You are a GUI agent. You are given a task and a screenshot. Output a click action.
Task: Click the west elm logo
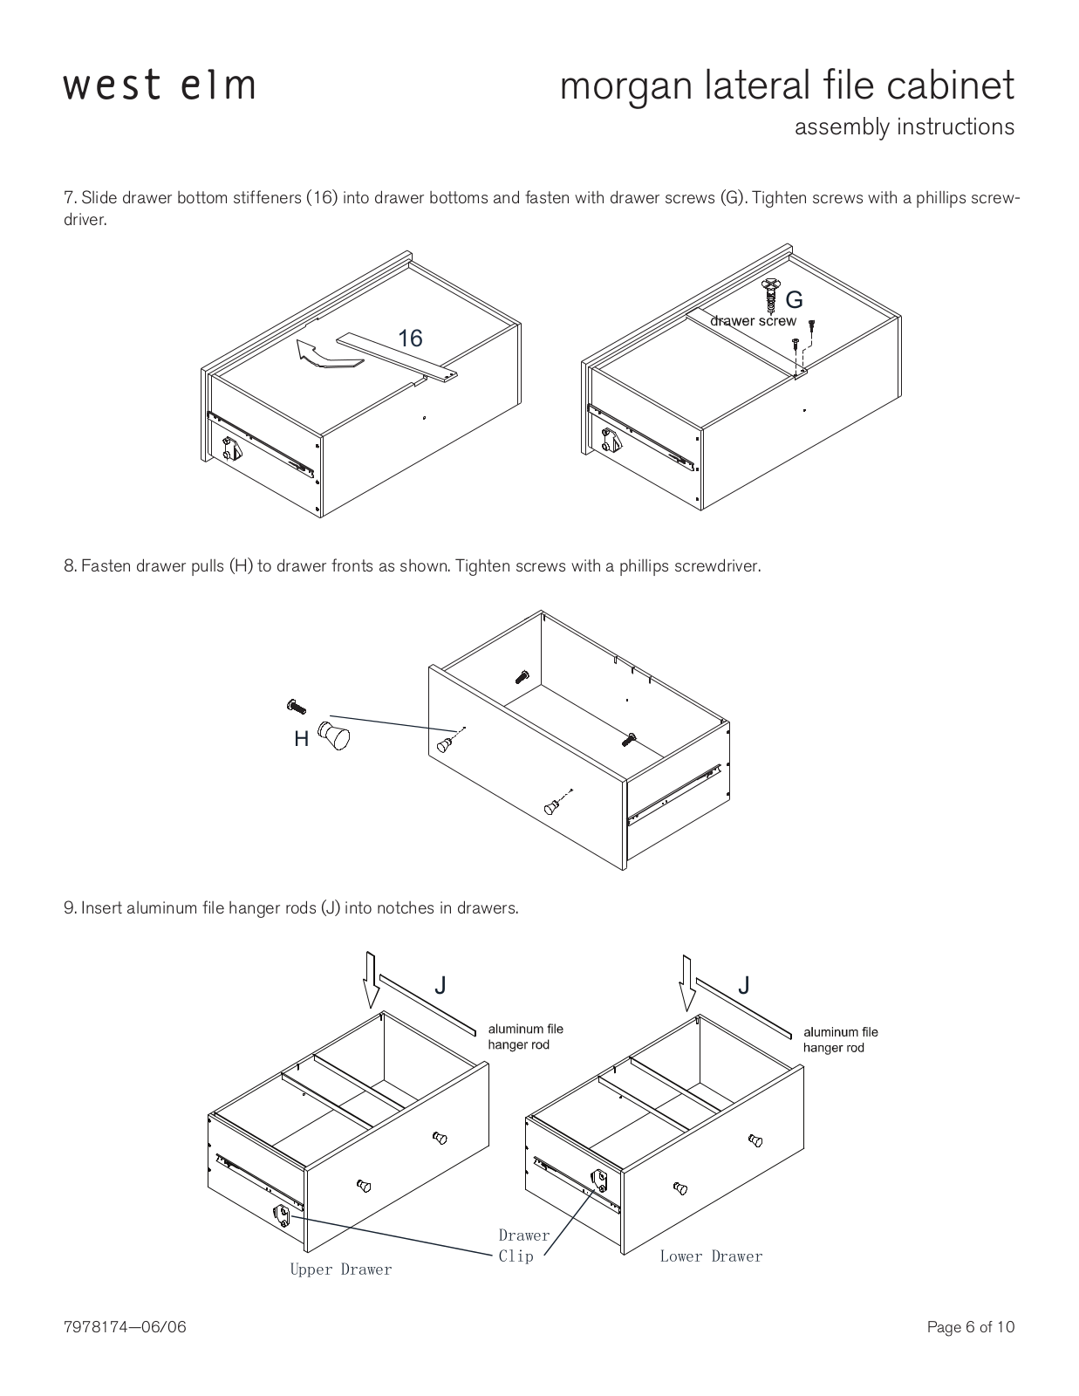159,86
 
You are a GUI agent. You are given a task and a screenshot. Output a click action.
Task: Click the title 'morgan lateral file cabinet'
787,86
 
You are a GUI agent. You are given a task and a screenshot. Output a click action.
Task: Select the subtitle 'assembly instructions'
904,127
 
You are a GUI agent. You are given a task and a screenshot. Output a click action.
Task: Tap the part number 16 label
410,338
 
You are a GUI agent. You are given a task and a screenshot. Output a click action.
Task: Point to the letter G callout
794,300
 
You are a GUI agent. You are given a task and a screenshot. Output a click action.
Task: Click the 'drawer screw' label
753,321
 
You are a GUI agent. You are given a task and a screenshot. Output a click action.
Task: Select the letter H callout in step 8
302,739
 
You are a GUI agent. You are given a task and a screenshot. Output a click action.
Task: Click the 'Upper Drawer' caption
341,1269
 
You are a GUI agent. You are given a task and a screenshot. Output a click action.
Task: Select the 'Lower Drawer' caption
711,1256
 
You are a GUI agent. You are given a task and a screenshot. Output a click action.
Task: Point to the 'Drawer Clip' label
523,1246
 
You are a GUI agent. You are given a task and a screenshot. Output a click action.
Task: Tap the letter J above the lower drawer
743,986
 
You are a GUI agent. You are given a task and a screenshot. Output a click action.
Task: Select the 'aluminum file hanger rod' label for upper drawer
525,1037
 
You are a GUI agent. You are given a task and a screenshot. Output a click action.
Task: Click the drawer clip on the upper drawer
283,1215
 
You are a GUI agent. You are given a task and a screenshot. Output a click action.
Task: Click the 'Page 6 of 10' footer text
971,1328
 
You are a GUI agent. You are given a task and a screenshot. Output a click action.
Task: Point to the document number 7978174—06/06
126,1328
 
